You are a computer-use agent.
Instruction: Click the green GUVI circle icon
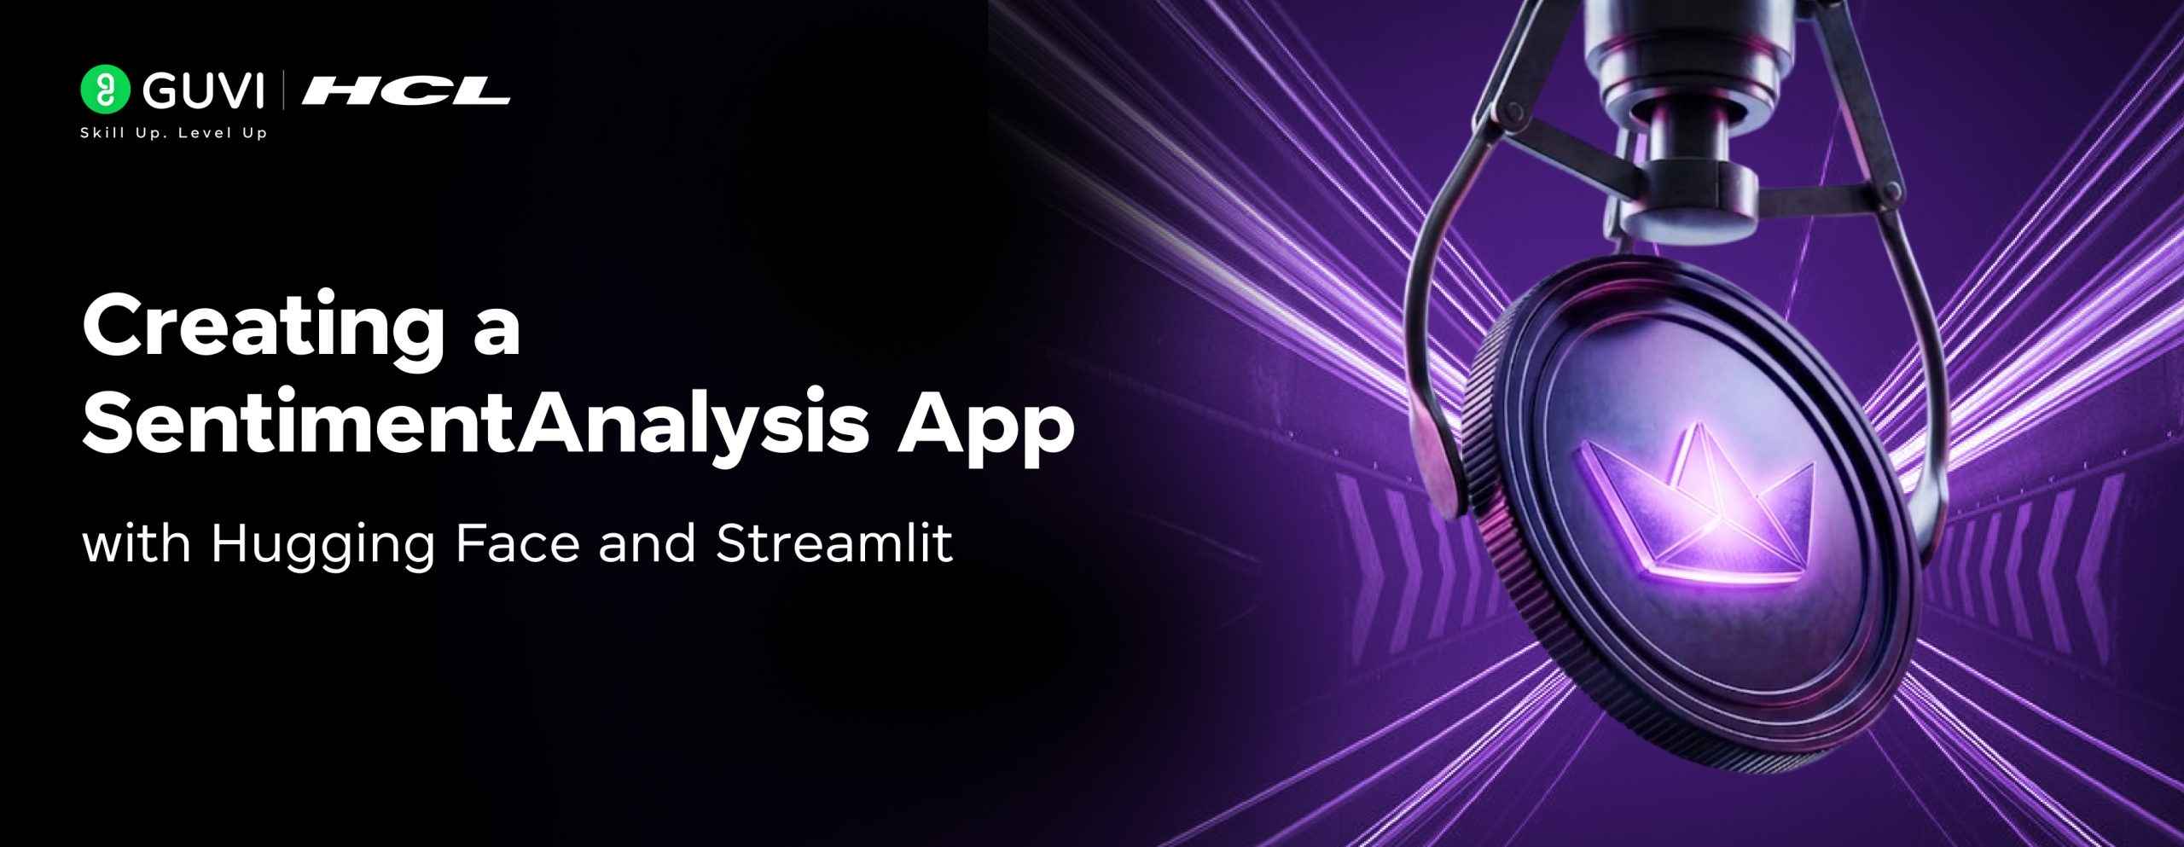pyautogui.click(x=105, y=90)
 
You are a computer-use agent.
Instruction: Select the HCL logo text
pyautogui.click(x=406, y=91)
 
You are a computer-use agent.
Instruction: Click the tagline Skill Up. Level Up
pyautogui.click(x=173, y=133)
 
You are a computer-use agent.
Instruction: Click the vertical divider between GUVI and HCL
pyautogui.click(x=284, y=91)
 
